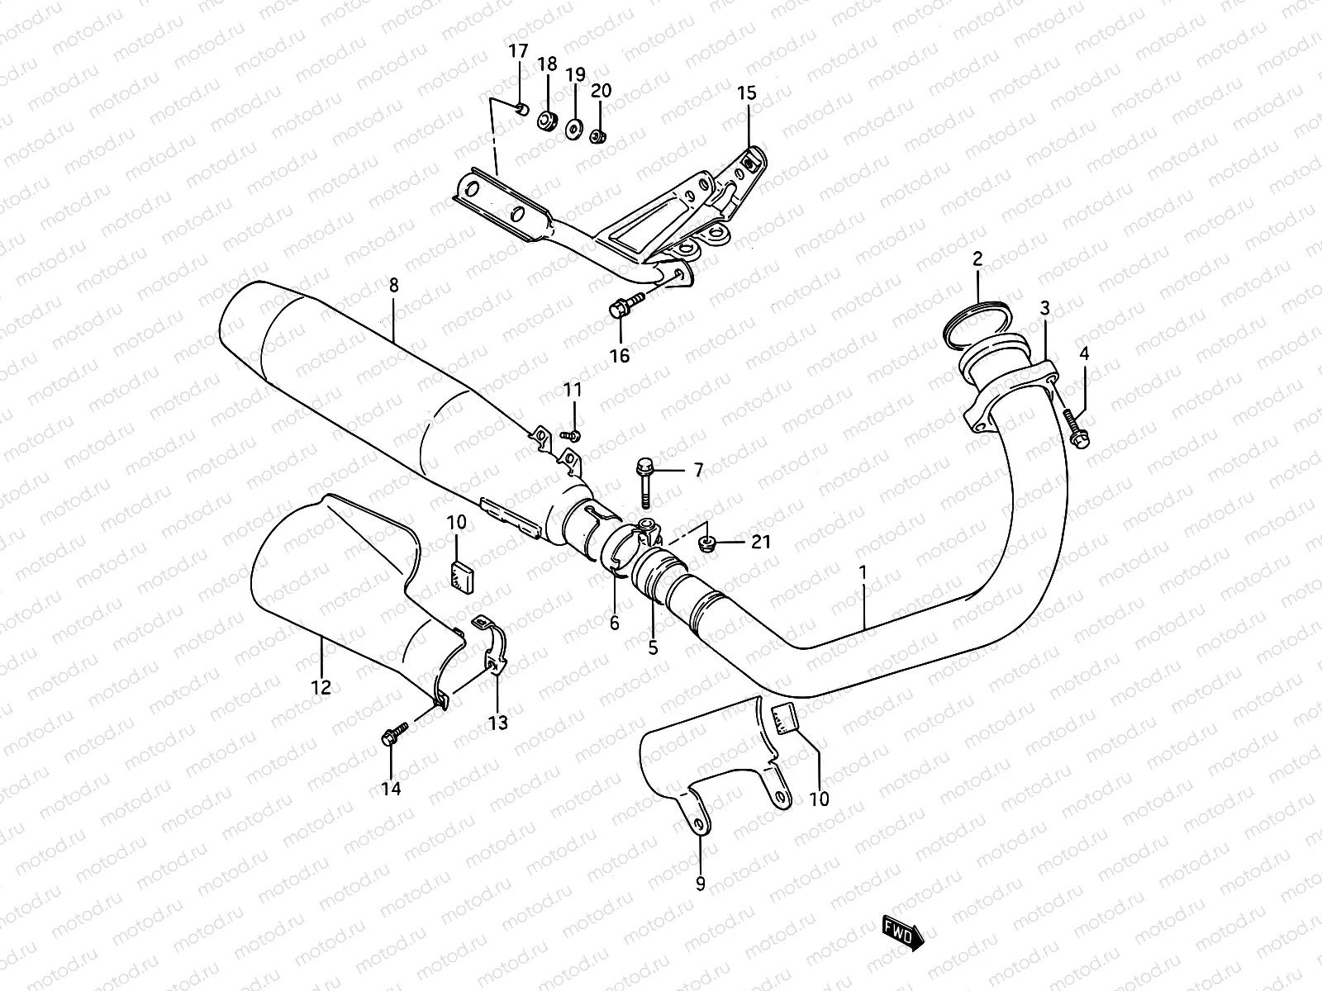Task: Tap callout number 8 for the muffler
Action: [x=393, y=286]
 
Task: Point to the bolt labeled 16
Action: [x=625, y=306]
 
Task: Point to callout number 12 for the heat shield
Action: [x=321, y=686]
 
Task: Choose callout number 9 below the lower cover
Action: [x=701, y=884]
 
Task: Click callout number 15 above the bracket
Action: [x=746, y=92]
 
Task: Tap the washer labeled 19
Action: [x=572, y=130]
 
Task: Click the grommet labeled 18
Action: [x=546, y=121]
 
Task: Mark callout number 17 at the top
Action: [x=517, y=52]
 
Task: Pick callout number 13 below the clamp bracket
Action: [x=497, y=723]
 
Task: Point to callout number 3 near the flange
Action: [x=1045, y=309]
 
